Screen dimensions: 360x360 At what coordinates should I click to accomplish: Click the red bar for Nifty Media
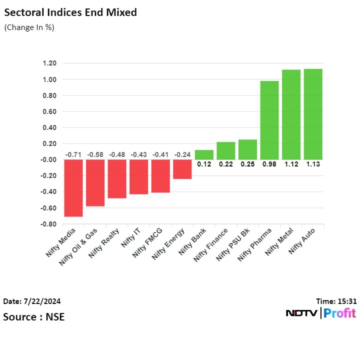(73, 188)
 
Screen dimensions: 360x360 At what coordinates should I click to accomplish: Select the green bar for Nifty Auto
(312, 114)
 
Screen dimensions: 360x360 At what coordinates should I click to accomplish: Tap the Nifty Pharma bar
(269, 120)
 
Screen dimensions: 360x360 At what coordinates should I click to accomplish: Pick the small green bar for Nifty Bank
(203, 155)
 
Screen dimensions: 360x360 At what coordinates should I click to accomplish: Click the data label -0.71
(73, 155)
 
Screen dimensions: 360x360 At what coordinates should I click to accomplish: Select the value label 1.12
(291, 164)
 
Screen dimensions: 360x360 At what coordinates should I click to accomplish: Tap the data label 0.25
(247, 164)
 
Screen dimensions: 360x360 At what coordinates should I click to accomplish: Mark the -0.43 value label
(138, 155)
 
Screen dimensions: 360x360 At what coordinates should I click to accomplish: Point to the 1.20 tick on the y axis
(49, 63)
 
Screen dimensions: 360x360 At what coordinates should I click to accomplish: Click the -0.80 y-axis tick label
(48, 224)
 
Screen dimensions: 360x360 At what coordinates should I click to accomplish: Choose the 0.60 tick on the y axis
(49, 111)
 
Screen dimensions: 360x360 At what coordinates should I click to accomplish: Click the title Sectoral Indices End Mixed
(70, 12)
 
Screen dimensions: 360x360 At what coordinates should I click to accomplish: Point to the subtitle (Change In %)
(29, 27)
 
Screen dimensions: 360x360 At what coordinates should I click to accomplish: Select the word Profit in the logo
(339, 313)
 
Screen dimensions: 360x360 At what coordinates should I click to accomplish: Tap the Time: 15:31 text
(336, 301)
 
